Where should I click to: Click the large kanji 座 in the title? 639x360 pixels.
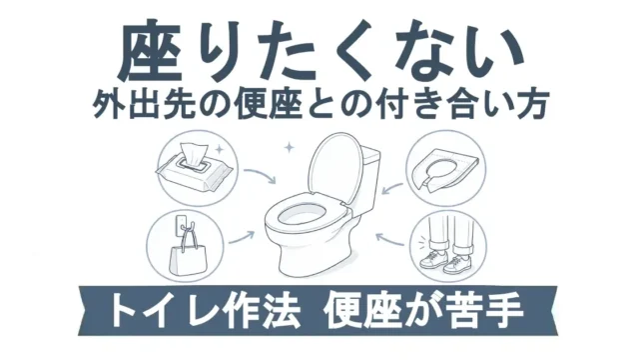(x=150, y=51)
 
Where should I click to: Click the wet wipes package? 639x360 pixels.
(x=194, y=171)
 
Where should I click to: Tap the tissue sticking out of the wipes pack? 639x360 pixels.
(x=193, y=154)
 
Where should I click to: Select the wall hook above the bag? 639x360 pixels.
(x=182, y=226)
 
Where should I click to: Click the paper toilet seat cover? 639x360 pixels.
(x=446, y=169)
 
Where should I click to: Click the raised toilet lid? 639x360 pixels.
(x=334, y=167)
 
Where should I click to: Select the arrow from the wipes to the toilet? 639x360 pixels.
(x=262, y=173)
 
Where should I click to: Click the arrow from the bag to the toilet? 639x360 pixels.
(x=242, y=238)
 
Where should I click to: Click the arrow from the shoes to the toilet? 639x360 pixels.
(x=389, y=240)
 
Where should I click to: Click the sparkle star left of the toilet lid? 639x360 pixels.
(x=289, y=147)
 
